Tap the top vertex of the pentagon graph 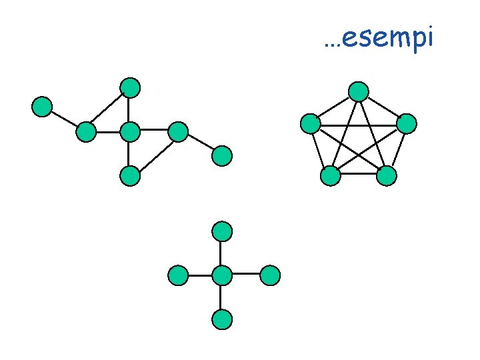pos(359,91)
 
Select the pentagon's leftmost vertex pos(311,123)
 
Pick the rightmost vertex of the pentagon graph pos(406,123)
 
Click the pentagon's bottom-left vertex pos(330,175)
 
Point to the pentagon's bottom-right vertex pos(386,175)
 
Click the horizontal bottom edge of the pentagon pos(358,175)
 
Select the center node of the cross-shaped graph pos(222,275)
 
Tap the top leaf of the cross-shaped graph pos(222,231)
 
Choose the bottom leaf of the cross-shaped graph pos(222,319)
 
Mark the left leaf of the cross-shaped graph pos(178,275)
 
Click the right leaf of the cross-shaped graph pos(269,275)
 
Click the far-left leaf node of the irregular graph pos(42,107)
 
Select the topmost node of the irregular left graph pos(130,87)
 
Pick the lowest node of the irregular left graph pos(130,176)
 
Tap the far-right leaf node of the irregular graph pos(221,156)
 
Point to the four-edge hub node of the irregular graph pos(130,132)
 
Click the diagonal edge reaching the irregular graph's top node pos(108,109)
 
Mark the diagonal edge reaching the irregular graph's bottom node pos(154,154)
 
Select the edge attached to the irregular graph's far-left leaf pos(64,119)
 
